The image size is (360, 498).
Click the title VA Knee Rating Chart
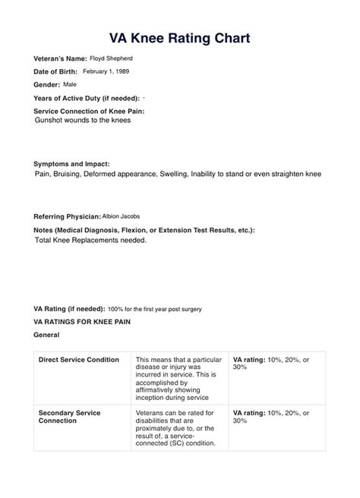tap(179, 37)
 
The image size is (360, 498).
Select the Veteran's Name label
tap(60, 58)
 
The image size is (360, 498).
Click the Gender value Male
tap(70, 84)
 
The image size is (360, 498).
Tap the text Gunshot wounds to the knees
tap(83, 120)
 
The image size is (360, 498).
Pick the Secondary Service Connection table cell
tap(69, 417)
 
